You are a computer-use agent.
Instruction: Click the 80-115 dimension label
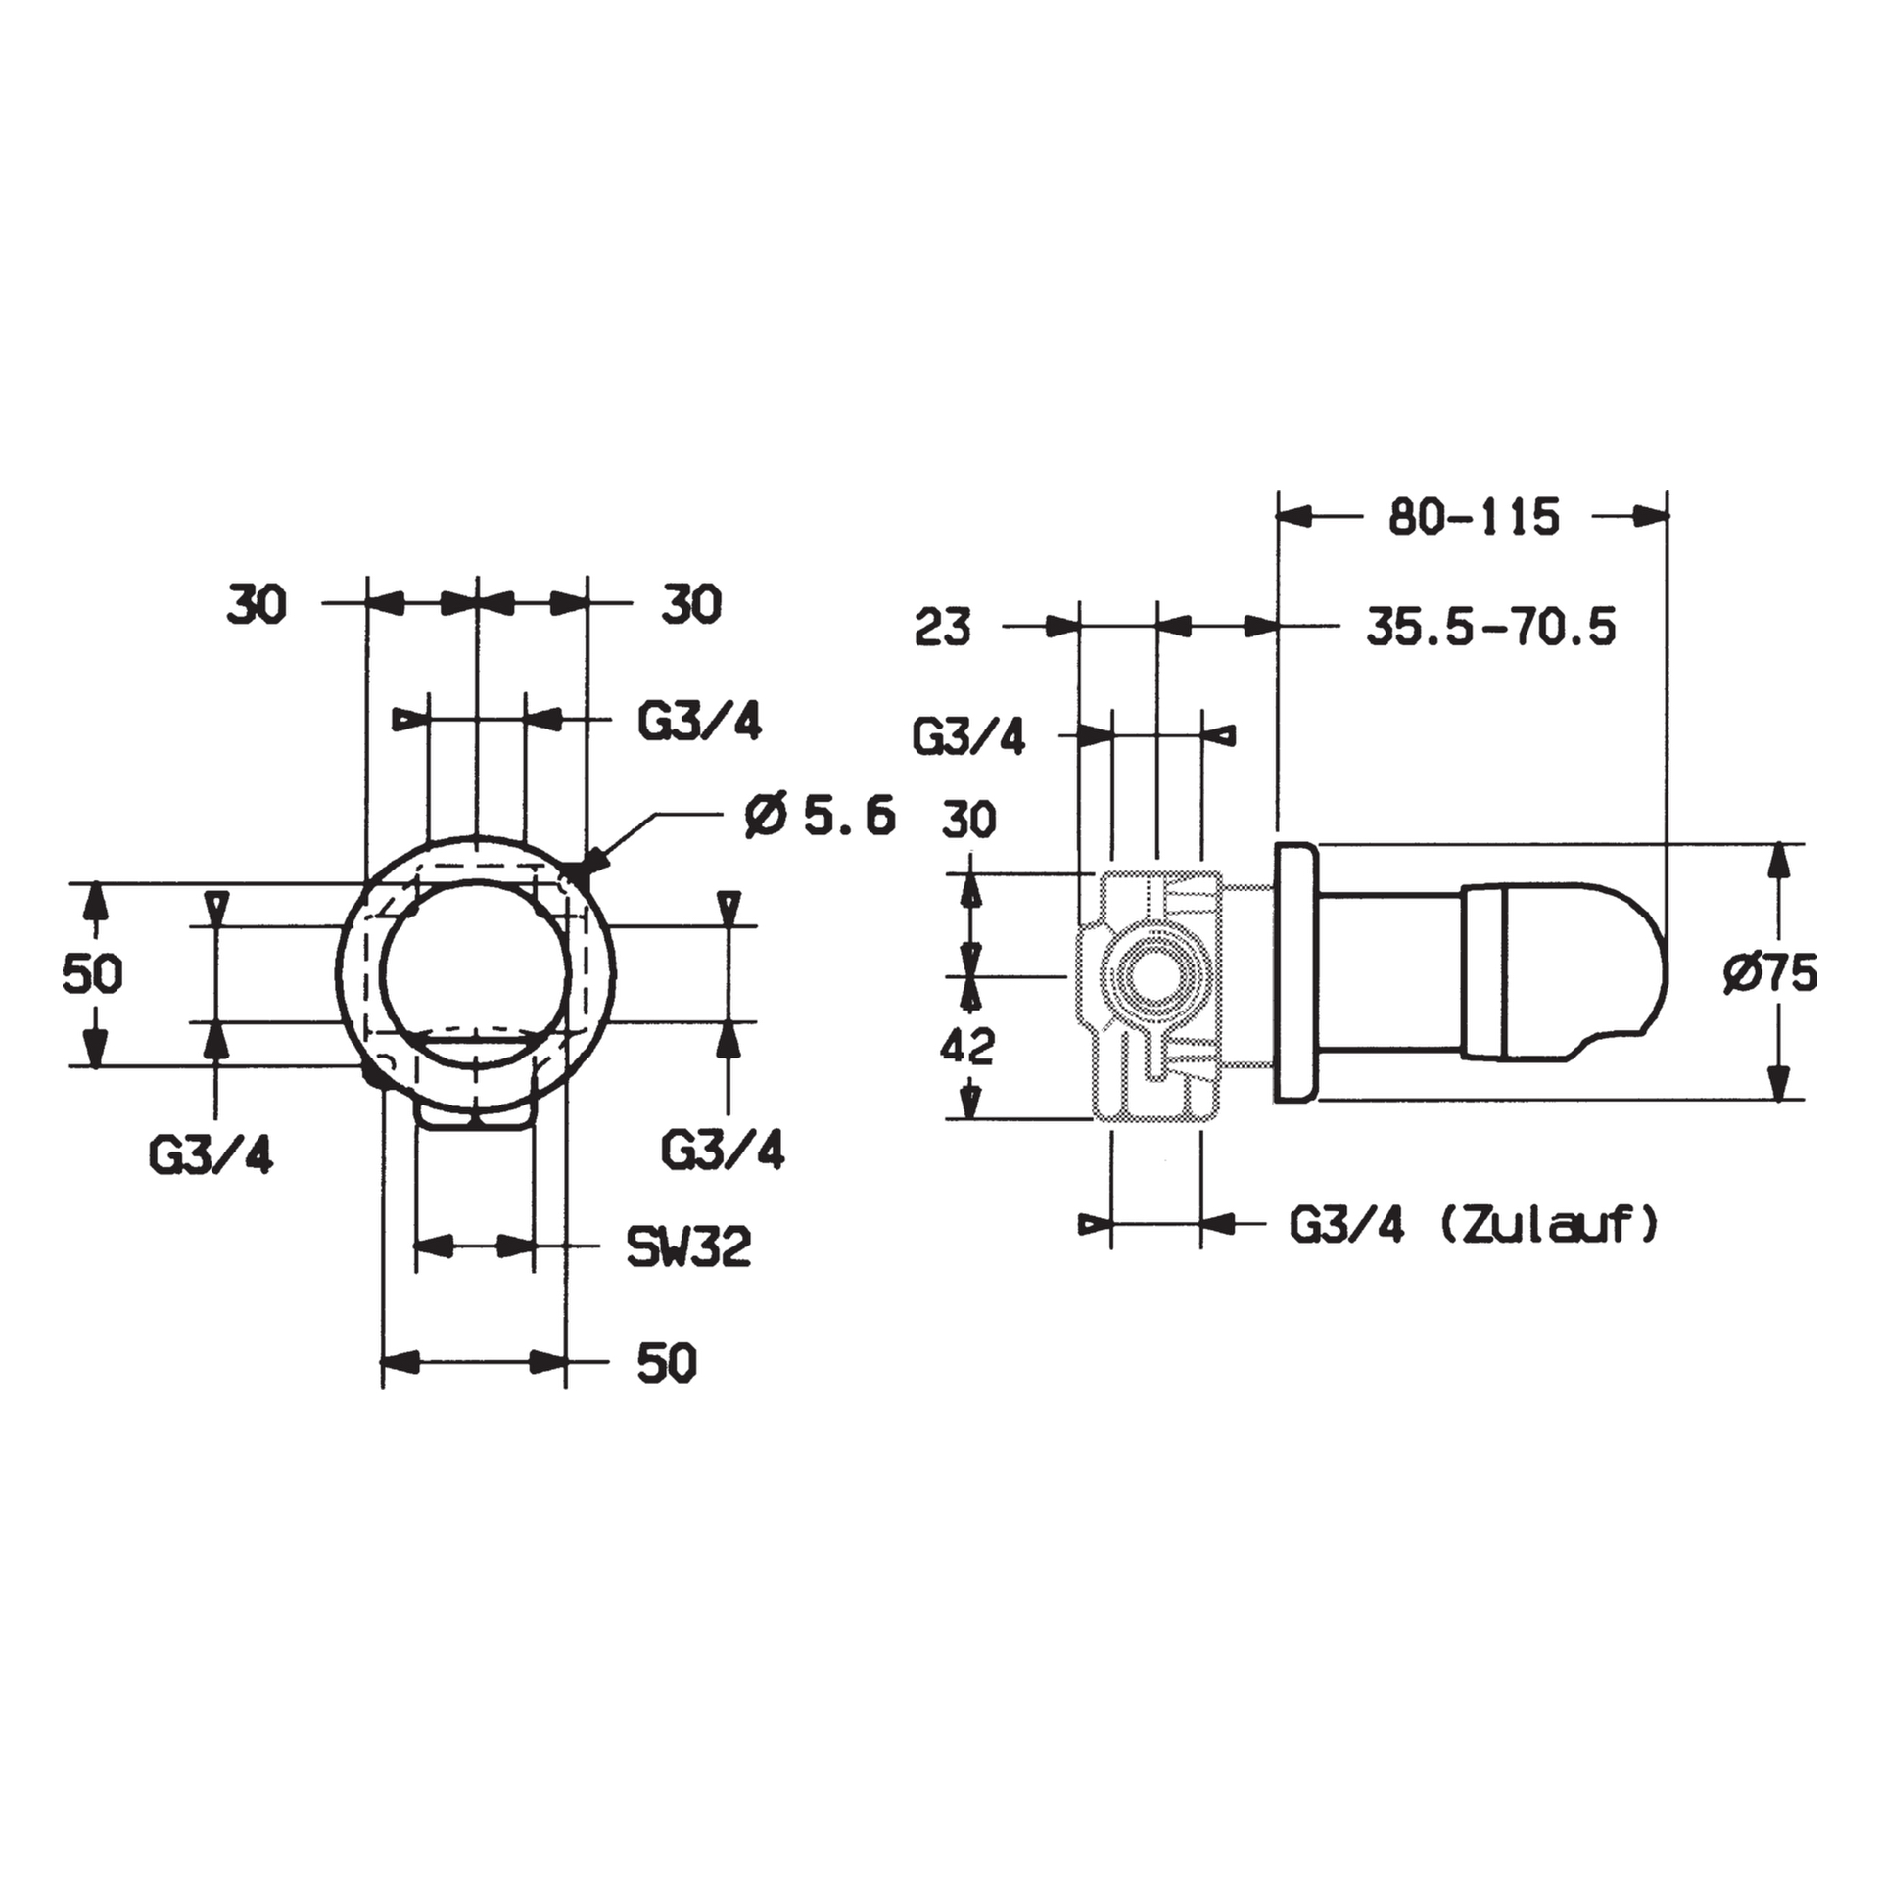coord(1473,517)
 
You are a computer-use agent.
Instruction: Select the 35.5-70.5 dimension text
coord(1490,627)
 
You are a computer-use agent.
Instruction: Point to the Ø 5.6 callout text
coord(820,816)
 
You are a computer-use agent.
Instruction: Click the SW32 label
coord(688,1247)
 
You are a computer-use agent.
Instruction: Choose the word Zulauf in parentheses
coord(1548,1224)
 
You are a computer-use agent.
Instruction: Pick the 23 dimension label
coord(942,628)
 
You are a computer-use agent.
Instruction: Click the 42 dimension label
coord(966,1047)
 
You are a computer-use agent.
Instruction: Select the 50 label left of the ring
coord(92,974)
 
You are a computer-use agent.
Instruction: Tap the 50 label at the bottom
coord(667,1363)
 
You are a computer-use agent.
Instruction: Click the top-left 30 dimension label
coord(257,604)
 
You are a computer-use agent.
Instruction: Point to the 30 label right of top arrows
coord(691,604)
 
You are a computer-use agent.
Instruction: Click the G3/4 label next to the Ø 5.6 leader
coord(699,723)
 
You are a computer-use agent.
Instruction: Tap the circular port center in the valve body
coord(1156,975)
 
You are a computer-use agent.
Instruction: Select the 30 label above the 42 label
coord(968,819)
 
